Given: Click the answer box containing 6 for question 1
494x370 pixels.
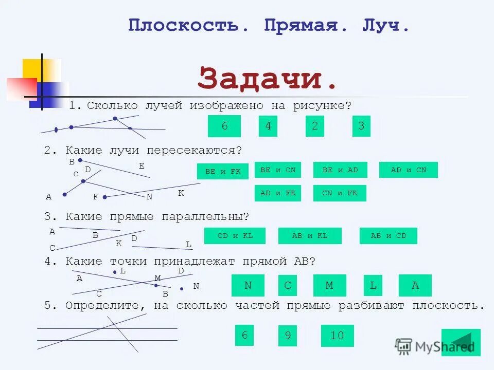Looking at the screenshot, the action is [x=224, y=126].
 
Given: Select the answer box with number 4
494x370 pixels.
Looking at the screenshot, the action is [x=268, y=126].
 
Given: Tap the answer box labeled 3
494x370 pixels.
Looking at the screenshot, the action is [x=361, y=126].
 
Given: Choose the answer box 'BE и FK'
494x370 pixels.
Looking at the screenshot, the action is [x=223, y=172].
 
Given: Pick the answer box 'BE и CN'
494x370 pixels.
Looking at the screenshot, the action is [x=278, y=170].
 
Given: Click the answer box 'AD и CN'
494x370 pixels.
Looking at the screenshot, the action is [x=408, y=170].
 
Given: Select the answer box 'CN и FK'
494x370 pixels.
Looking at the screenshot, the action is [x=340, y=193].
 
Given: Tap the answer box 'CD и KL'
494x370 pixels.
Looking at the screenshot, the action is [x=235, y=236].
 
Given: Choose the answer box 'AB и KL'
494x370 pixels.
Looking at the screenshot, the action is [x=309, y=236].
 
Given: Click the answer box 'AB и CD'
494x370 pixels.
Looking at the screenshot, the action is [x=388, y=236].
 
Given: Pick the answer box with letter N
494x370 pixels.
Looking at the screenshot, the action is [x=248, y=286].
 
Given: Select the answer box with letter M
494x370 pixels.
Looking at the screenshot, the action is [x=329, y=286].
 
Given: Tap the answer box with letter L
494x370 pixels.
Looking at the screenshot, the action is [x=373, y=286].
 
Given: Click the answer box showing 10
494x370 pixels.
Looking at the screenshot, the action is [x=337, y=336].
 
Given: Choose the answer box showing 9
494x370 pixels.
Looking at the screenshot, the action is [x=288, y=336].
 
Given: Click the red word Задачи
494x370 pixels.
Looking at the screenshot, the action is [x=267, y=79].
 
